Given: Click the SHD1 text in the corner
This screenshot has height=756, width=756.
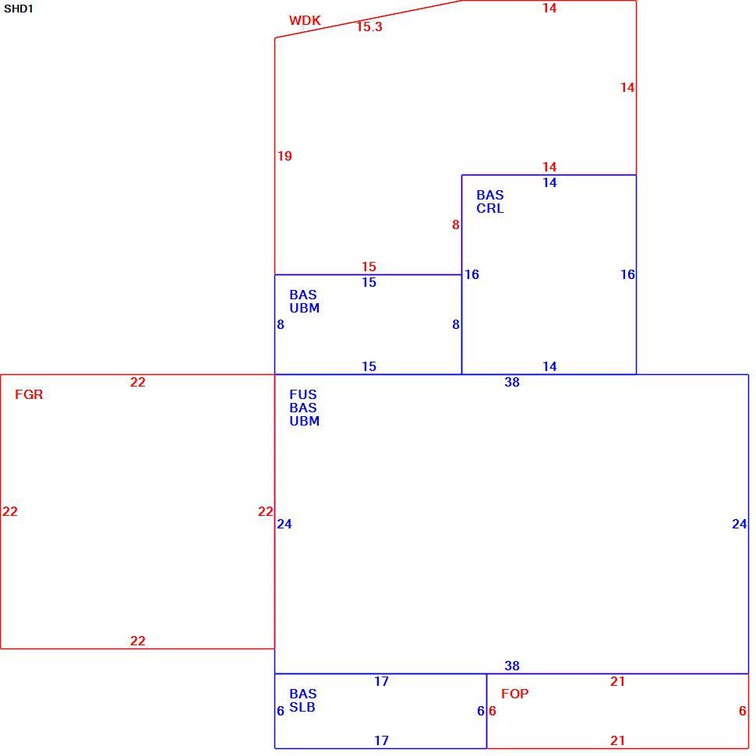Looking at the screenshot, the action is [x=19, y=9].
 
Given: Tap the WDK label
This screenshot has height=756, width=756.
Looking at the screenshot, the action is [x=305, y=20].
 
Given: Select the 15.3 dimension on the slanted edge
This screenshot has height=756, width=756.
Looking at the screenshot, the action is [x=369, y=26].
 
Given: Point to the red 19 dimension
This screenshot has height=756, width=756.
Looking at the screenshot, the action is [x=284, y=156].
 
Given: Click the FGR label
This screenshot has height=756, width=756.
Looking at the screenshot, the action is [x=29, y=394].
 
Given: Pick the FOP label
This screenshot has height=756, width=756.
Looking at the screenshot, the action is [x=515, y=694].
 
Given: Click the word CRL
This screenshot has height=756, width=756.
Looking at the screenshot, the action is [x=490, y=208].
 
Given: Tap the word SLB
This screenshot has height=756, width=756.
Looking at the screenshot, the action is [x=302, y=707].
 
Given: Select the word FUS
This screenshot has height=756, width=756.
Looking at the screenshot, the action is [x=302, y=394].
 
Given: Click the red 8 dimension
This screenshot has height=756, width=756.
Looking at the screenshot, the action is [x=456, y=224].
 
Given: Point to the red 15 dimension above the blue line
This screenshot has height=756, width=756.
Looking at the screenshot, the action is [x=369, y=267].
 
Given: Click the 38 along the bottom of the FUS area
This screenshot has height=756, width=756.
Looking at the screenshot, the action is [x=512, y=666].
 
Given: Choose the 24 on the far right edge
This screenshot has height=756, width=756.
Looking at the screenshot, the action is [x=739, y=524].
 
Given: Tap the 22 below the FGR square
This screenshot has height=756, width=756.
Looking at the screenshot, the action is [x=137, y=641].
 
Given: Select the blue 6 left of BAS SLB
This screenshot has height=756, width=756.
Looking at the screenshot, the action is [x=281, y=711].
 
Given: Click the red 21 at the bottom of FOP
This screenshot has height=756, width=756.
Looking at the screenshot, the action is [x=617, y=740].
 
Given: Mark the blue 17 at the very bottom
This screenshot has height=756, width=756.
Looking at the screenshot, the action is [x=381, y=740].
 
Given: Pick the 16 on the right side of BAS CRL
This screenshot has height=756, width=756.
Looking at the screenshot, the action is [x=627, y=275].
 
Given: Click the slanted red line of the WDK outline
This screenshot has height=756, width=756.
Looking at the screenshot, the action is [x=369, y=19].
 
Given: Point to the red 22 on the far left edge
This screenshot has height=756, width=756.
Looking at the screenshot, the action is [x=9, y=511].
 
